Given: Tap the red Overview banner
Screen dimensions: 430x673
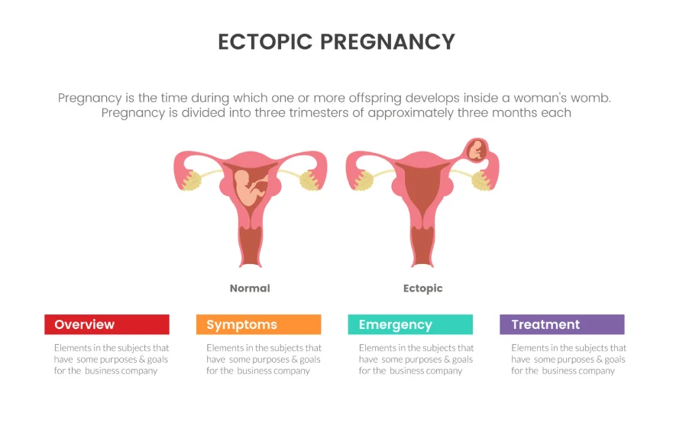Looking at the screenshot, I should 107,324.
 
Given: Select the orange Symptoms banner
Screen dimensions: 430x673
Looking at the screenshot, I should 258,324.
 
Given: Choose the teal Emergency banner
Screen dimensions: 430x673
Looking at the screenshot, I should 410,324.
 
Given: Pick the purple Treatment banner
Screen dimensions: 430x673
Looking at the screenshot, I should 561,324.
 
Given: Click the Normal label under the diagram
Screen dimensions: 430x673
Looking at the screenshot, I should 250,288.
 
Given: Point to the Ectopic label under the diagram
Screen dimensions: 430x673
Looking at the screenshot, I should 422,288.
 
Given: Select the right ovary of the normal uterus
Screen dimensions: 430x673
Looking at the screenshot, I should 309,181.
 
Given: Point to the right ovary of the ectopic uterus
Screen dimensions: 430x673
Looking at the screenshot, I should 481,181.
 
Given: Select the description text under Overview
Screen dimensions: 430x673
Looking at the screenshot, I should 111,359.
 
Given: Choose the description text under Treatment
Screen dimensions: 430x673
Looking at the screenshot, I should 568,359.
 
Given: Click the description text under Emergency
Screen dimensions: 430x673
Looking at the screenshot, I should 416,359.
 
